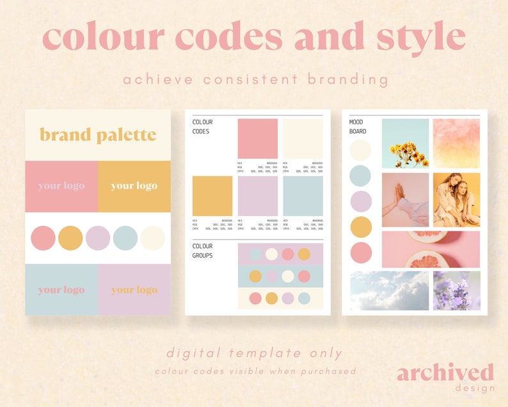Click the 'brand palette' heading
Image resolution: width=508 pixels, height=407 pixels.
pyautogui.click(x=98, y=135)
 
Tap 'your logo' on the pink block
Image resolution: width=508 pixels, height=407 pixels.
pyautogui.click(x=61, y=186)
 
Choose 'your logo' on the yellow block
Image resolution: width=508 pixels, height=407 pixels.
pyautogui.click(x=134, y=186)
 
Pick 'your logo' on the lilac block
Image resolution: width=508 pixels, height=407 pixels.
pyautogui.click(x=134, y=290)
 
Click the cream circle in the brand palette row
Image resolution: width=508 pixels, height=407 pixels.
pyautogui.click(x=153, y=238)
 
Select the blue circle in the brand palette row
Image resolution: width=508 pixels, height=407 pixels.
pyautogui.click(x=125, y=238)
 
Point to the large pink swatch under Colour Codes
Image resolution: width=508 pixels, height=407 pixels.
pyautogui.click(x=258, y=138)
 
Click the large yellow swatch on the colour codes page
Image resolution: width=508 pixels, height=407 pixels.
pyautogui.click(x=212, y=196)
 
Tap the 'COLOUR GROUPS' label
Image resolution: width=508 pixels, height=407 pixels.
pyautogui.click(x=203, y=251)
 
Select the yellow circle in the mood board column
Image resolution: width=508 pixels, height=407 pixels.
pyautogui.click(x=361, y=227)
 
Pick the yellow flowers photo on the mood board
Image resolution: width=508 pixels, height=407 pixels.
pyautogui.click(x=405, y=142)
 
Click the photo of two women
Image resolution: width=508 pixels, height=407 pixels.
pyautogui.click(x=456, y=199)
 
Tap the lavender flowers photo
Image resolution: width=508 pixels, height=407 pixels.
pyautogui.click(x=456, y=290)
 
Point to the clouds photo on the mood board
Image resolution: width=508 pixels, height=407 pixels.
pyautogui.click(x=389, y=290)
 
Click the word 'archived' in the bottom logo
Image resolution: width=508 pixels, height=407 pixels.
pyautogui.click(x=445, y=372)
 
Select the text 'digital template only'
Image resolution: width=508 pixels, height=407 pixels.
pyautogui.click(x=254, y=353)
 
